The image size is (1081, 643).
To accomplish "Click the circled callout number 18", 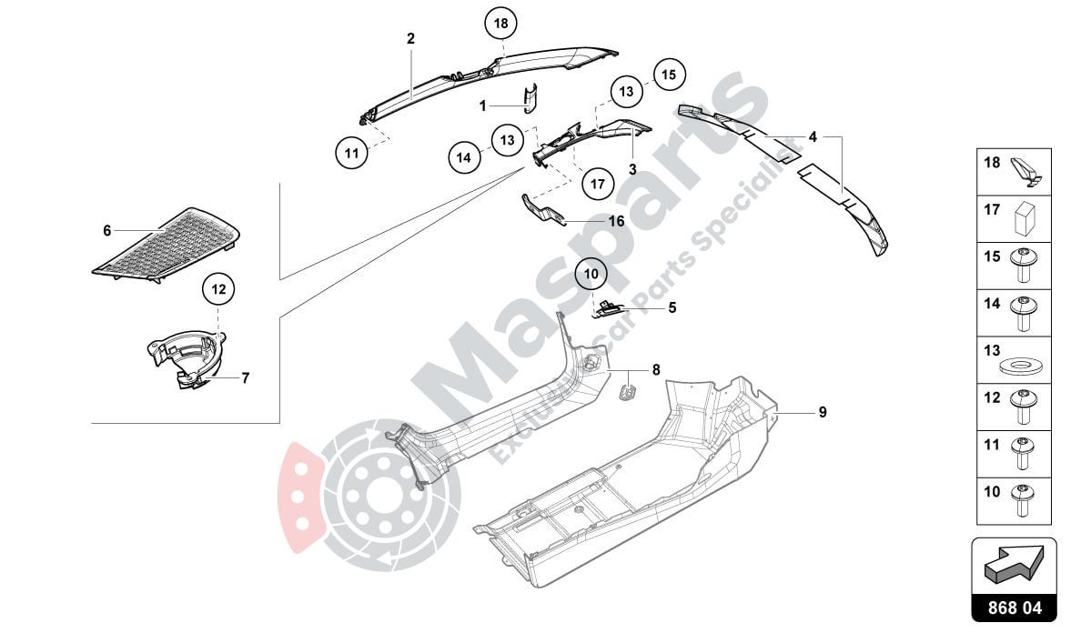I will click(500, 24).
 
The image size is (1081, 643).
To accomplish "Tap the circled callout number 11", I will click(351, 153).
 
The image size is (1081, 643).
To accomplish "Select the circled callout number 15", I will click(669, 75).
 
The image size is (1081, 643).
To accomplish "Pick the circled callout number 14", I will click(464, 157).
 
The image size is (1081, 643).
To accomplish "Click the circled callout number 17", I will click(597, 184).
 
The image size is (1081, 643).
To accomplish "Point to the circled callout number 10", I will click(591, 273).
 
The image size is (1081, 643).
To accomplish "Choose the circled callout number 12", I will click(218, 290).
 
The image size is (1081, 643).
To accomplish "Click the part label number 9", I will click(823, 412).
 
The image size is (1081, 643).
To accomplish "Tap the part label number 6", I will click(107, 231).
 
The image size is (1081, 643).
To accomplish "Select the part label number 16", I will click(616, 221).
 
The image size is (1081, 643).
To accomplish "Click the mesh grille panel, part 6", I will click(168, 244).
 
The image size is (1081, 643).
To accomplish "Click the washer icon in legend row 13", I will click(1022, 367).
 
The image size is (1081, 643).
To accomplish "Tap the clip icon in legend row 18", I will click(1025, 170).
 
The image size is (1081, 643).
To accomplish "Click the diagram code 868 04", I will click(1015, 608).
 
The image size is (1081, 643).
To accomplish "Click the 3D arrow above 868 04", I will click(1015, 565).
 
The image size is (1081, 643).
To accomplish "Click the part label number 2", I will click(410, 38).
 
